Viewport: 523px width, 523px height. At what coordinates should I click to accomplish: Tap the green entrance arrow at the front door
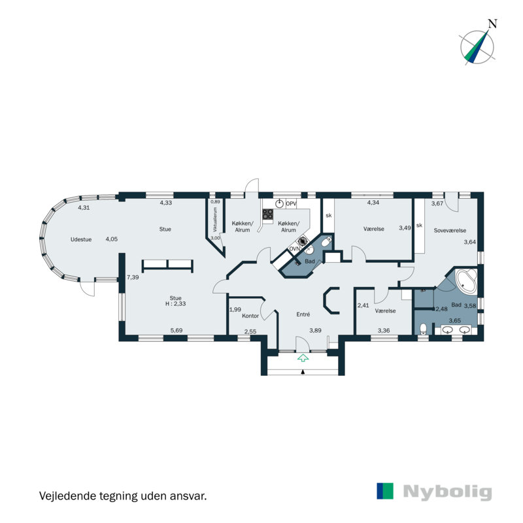click(x=303, y=358)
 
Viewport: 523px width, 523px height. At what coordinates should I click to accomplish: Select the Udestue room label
click(x=82, y=239)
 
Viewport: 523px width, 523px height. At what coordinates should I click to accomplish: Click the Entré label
click(x=303, y=314)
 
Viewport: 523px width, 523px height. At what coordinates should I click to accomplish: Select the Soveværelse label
click(x=450, y=230)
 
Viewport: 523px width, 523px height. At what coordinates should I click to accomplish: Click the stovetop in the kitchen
click(x=267, y=214)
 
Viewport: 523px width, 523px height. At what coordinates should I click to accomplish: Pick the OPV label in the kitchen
click(x=291, y=204)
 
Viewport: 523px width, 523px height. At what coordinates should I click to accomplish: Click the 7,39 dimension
click(x=132, y=277)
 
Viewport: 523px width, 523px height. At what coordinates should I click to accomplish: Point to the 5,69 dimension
click(x=177, y=331)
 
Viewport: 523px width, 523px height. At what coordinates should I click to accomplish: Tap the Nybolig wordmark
click(x=447, y=492)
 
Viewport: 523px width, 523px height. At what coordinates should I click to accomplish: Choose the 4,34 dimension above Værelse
click(x=373, y=203)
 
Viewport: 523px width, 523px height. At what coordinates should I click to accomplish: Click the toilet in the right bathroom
click(x=424, y=329)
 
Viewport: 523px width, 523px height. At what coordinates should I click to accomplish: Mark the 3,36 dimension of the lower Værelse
click(x=384, y=331)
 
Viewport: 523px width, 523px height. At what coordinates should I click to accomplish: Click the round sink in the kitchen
click(x=280, y=204)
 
